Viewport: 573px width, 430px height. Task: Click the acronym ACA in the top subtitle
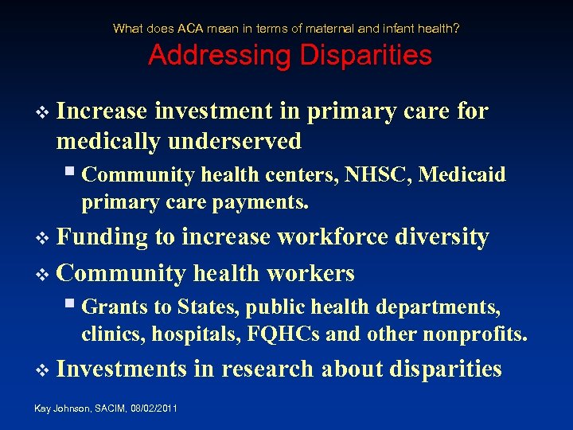point(191,29)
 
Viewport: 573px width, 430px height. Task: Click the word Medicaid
point(462,174)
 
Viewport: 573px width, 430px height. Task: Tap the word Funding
point(103,236)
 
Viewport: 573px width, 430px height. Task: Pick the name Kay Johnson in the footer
point(53,408)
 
